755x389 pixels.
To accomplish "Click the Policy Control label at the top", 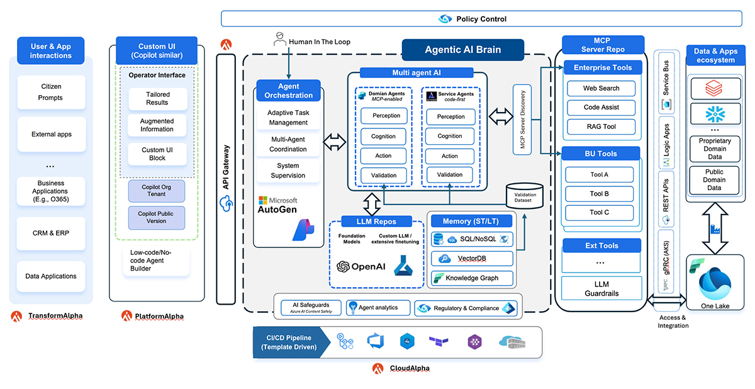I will [x=481, y=19].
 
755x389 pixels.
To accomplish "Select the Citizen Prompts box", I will [x=52, y=91].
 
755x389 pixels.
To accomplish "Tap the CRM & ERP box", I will [x=52, y=233].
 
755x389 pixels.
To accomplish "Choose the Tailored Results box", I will [x=157, y=98].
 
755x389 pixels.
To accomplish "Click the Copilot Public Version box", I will [x=157, y=217].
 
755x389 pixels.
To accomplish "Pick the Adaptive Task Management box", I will [x=288, y=117].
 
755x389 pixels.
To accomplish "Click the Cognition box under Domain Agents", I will [x=384, y=136].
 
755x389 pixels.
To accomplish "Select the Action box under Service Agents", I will [x=450, y=156].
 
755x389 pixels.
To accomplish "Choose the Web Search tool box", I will [x=601, y=88].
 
